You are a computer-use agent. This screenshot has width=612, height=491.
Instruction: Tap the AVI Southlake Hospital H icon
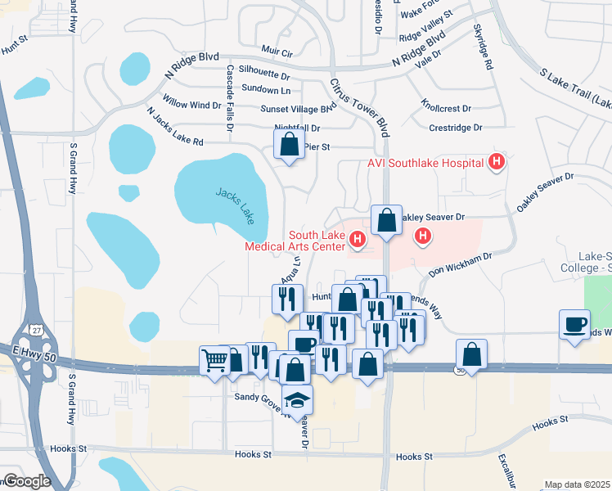click(x=495, y=162)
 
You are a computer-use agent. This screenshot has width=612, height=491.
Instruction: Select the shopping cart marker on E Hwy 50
click(x=215, y=359)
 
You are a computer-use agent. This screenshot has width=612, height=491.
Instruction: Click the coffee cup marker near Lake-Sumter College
click(x=574, y=324)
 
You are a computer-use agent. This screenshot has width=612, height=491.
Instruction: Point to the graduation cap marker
click(x=297, y=399)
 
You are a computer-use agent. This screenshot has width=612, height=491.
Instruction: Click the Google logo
click(x=26, y=481)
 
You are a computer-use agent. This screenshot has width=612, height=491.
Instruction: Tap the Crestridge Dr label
click(x=456, y=128)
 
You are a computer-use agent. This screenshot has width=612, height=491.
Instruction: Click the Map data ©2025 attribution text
click(x=578, y=484)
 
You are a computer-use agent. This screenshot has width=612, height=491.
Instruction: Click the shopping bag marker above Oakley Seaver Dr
click(x=385, y=220)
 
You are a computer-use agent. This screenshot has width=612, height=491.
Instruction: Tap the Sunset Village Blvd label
click(x=298, y=108)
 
